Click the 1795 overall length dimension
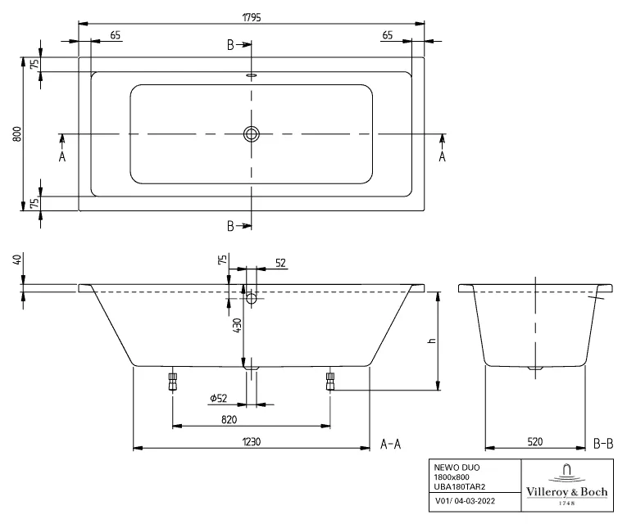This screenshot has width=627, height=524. coord(252,16)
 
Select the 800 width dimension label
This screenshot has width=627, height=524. coord(16,133)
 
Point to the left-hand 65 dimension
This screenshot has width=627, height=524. coord(115,34)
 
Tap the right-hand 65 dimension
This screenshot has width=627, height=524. coord(387,34)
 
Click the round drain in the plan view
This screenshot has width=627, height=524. coord(252,133)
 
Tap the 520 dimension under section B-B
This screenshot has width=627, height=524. coord(534,441)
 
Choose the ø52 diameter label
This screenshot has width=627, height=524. coord(219,398)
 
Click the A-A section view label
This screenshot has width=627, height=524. coord(391,444)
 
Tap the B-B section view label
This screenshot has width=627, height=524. coord(602,444)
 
